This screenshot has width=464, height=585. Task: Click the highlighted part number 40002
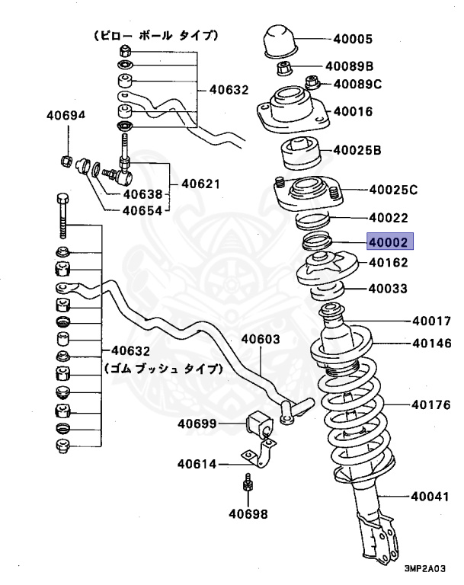point(389,242)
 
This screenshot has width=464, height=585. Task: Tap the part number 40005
point(352,38)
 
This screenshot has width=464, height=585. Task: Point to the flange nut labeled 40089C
point(312,82)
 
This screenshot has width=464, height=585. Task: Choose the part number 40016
point(352,111)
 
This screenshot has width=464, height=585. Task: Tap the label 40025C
point(393,189)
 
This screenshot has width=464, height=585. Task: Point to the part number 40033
point(387,289)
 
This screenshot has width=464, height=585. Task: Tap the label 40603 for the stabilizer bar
point(261,340)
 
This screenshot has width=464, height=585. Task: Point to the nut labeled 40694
point(66,161)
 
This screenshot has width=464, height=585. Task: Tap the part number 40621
point(200,184)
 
